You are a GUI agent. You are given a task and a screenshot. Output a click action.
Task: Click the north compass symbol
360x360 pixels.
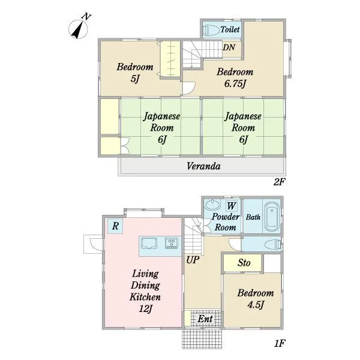pyautogui.click(x=78, y=28)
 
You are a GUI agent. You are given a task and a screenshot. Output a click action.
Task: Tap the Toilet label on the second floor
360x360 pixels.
pyautogui.click(x=230, y=29)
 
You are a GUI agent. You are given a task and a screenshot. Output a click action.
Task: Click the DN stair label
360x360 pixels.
pyautogui.click(x=229, y=47)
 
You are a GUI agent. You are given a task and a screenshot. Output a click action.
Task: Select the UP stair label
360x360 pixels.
pyautogui.click(x=193, y=260)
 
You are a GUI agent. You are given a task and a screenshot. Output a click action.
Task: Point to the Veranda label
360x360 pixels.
pyautogui.click(x=203, y=166)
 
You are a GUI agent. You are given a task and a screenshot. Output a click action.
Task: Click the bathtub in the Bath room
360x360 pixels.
pyautogui.click(x=272, y=218)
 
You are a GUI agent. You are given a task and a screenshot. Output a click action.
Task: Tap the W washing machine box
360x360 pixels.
pyautogui.click(x=232, y=206)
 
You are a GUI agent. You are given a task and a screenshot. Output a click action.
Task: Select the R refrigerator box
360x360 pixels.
pyautogui.click(x=115, y=226)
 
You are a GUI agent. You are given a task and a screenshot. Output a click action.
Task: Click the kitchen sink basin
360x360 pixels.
pyautogui.click(x=149, y=244)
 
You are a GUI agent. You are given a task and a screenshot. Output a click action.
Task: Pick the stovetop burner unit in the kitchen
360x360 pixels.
pyautogui.click(x=171, y=244)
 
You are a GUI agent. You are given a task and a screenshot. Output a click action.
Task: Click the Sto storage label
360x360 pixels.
pyautogui.click(x=244, y=263)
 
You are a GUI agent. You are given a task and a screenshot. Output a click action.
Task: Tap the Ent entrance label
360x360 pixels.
pyautogui.click(x=205, y=319)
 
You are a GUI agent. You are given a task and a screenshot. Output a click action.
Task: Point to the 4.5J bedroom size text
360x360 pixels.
pyautogui.click(x=256, y=305)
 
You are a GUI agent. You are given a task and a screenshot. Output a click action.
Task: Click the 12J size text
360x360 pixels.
pyautogui.click(x=146, y=309)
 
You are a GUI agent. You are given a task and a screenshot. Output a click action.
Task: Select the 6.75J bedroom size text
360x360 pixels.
pyautogui.click(x=235, y=84)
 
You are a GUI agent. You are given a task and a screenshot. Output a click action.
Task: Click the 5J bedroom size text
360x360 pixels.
pyautogui.click(x=135, y=79)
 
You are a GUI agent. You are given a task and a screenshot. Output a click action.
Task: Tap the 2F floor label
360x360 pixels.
pyautogui.click(x=279, y=182)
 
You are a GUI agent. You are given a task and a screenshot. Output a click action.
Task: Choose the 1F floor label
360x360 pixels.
pyautogui.click(x=279, y=343)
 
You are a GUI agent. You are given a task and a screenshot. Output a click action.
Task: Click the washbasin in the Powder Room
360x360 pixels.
pyautogui.click(x=212, y=205)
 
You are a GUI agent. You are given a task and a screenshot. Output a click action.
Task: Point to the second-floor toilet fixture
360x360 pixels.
pyautogui.click(x=212, y=30)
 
